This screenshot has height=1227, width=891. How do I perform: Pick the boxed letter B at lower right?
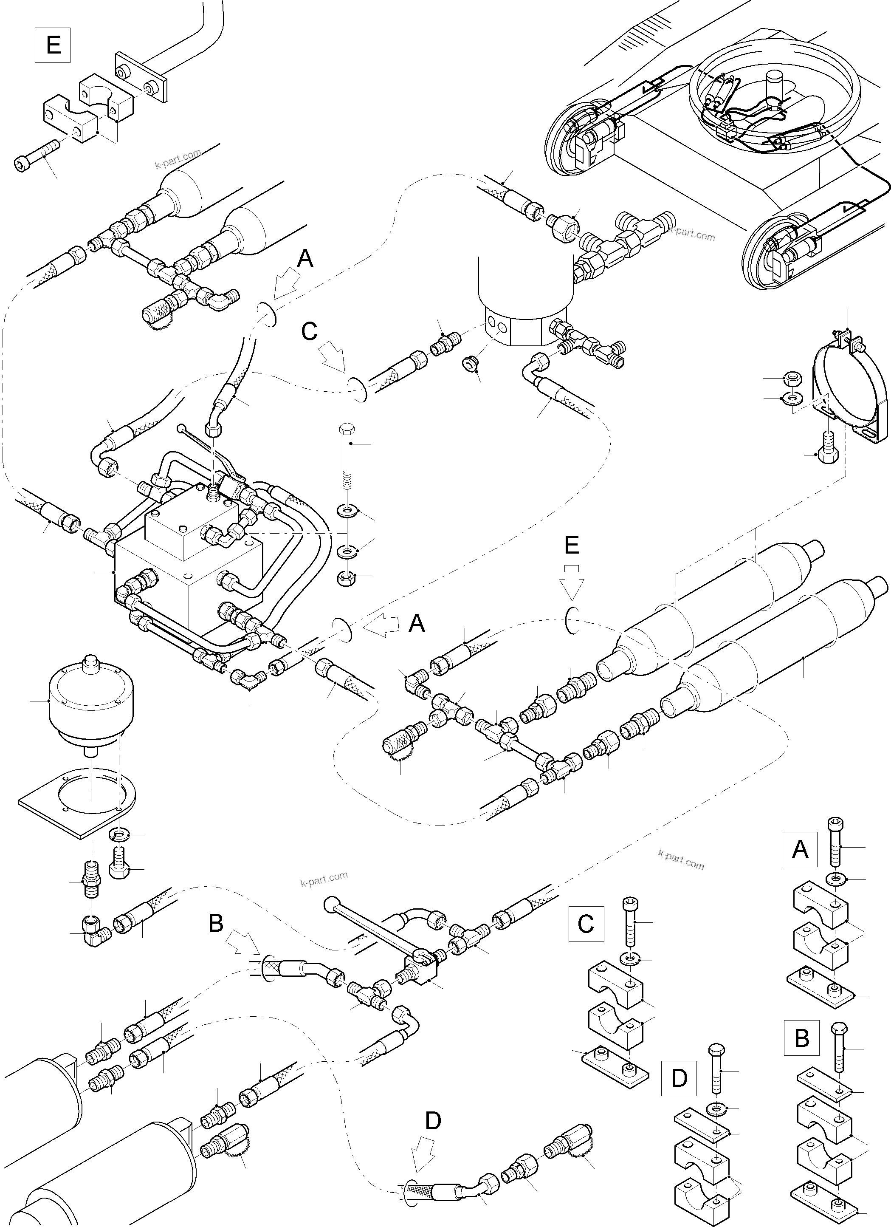pos(802,1039)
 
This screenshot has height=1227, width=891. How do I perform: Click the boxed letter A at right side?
pos(800,851)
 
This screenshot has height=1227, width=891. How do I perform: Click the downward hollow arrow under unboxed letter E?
pos(572,582)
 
